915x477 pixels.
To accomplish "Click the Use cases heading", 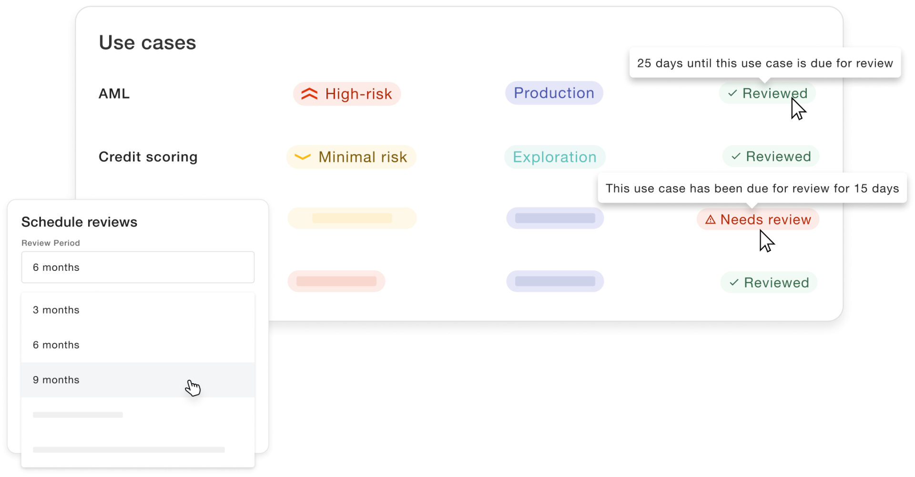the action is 147,43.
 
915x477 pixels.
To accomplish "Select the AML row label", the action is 114,94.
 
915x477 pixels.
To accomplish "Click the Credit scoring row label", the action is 148,157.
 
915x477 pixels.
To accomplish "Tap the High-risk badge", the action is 346,94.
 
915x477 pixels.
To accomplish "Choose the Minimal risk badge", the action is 351,157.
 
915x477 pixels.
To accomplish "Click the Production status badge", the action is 554,93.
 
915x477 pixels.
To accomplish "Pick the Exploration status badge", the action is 555,157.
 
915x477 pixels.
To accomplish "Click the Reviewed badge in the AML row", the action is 767,93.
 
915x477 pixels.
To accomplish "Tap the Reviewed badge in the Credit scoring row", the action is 771,156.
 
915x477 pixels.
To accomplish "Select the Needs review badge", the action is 758,219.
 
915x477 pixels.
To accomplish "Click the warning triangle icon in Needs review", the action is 710,219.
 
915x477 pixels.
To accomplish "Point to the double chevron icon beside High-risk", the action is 309,94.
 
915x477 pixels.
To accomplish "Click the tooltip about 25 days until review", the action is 765,63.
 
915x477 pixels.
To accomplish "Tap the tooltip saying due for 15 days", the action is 752,188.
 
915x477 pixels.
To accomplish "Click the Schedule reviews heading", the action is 79,222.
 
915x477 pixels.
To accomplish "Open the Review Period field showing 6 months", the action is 138,267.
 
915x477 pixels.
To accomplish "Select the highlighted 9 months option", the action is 138,380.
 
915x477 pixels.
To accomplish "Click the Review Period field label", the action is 51,243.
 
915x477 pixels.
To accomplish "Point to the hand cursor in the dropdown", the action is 193,388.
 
